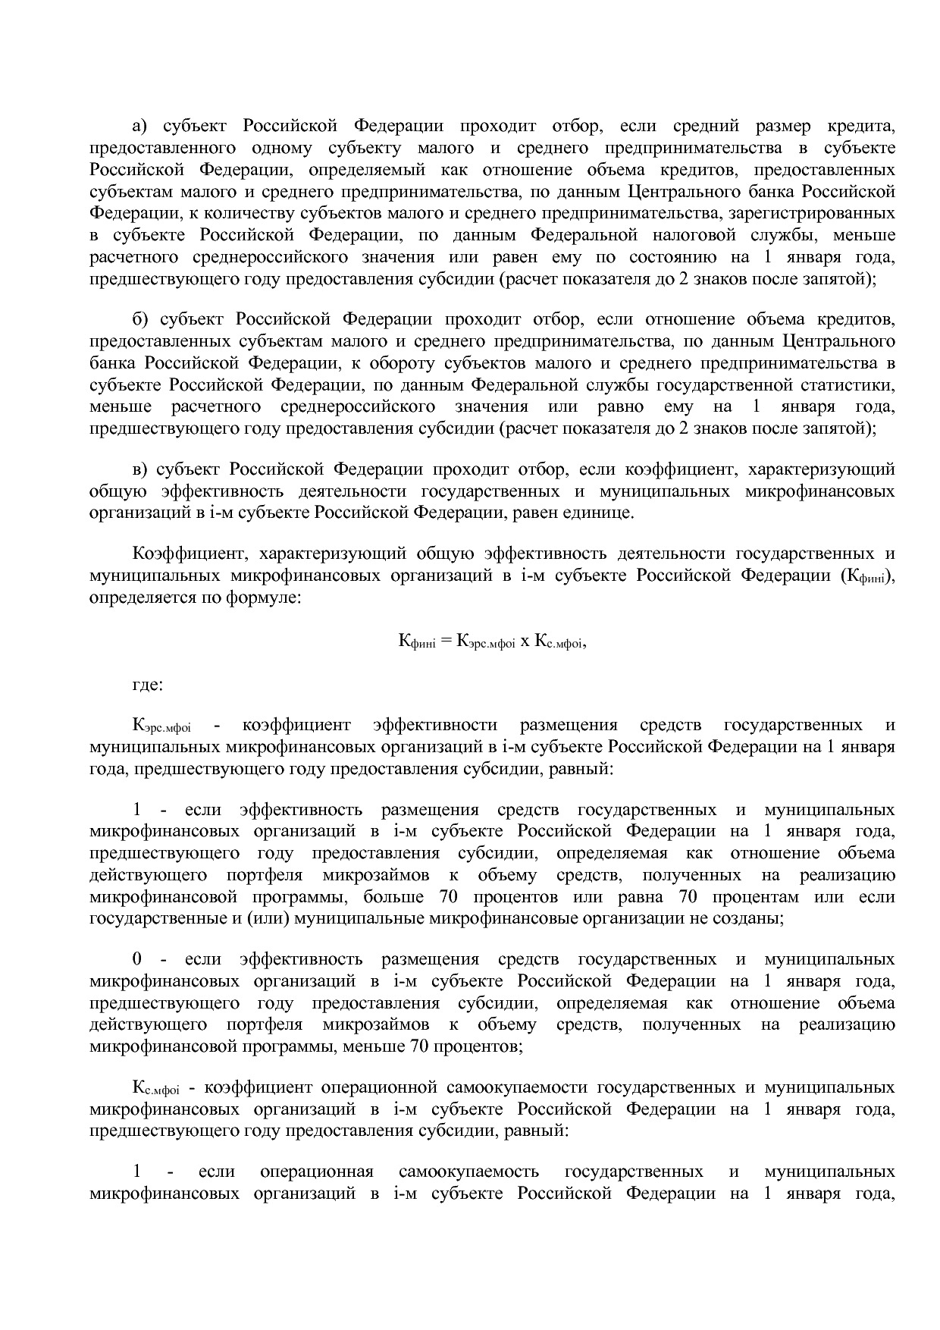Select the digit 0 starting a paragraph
pyautogui.click(x=137, y=959)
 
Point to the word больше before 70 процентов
pyautogui.click(x=393, y=897)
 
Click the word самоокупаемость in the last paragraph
pyautogui.click(x=468, y=1172)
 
